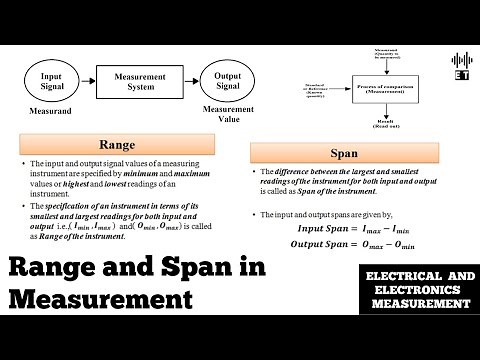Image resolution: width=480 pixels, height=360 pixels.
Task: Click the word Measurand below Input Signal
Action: pyautogui.click(x=50, y=111)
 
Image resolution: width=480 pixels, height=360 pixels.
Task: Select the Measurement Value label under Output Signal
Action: pyautogui.click(x=228, y=113)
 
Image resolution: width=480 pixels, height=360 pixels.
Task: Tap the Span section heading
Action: pyautogui.click(x=343, y=154)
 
